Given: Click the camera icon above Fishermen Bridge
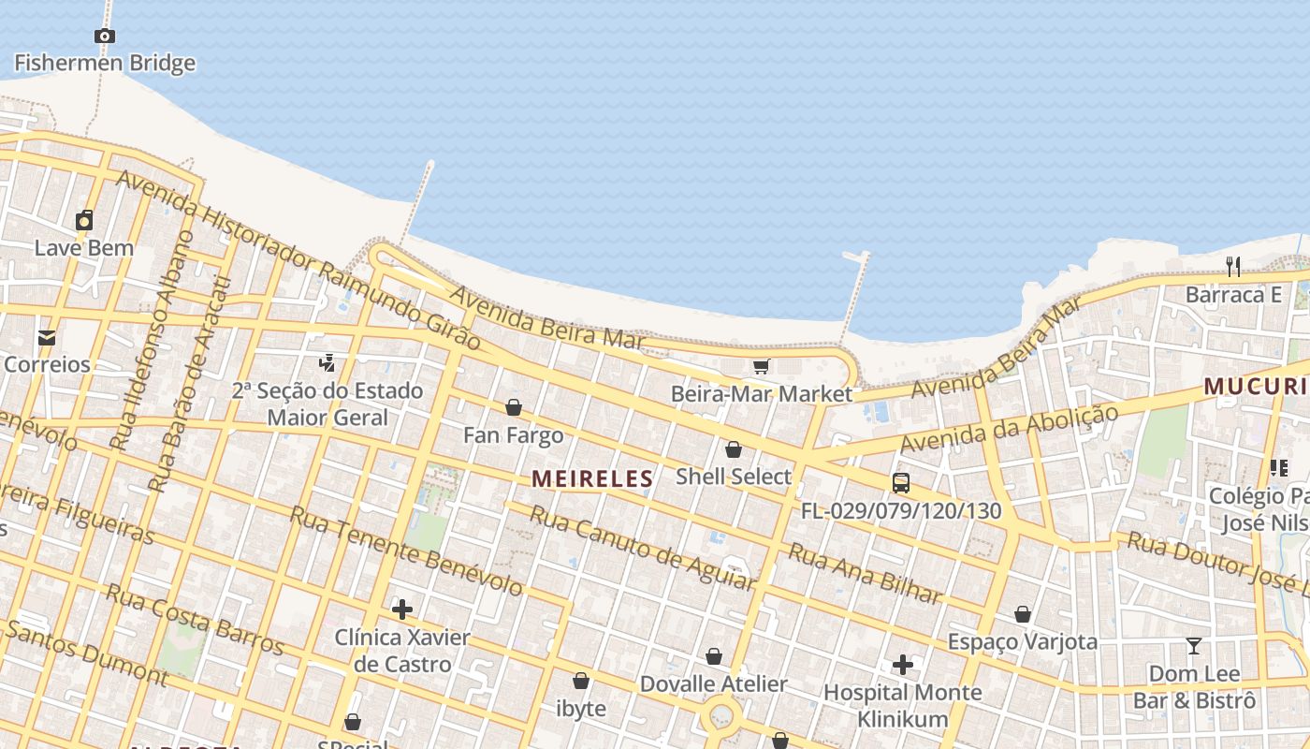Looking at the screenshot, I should (x=105, y=37).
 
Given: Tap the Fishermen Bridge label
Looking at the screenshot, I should (x=105, y=64).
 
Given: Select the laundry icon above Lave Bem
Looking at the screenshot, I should (x=84, y=221).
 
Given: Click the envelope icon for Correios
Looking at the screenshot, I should (x=47, y=338).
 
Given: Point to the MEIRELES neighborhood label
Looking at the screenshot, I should (x=592, y=479).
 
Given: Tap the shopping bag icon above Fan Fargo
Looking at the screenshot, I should (x=514, y=407).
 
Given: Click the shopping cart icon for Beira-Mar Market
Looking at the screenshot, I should (x=762, y=366).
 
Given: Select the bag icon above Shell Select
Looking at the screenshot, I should (x=734, y=449).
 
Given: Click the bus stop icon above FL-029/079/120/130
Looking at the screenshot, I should (x=901, y=483).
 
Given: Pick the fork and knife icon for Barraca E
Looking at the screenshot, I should (x=1233, y=267).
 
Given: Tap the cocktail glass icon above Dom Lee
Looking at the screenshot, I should (x=1194, y=646).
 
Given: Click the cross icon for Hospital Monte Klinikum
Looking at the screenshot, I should (x=903, y=665).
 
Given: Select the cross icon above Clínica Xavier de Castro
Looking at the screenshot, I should (x=402, y=609).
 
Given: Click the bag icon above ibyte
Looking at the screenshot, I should (x=581, y=681).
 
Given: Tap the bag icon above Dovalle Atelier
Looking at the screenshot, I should (x=714, y=656).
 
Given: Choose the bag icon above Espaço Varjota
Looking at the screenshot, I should (x=1023, y=614).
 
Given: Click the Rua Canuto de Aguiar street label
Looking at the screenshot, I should (x=642, y=548).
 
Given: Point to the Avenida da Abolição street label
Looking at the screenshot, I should (x=1010, y=429).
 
